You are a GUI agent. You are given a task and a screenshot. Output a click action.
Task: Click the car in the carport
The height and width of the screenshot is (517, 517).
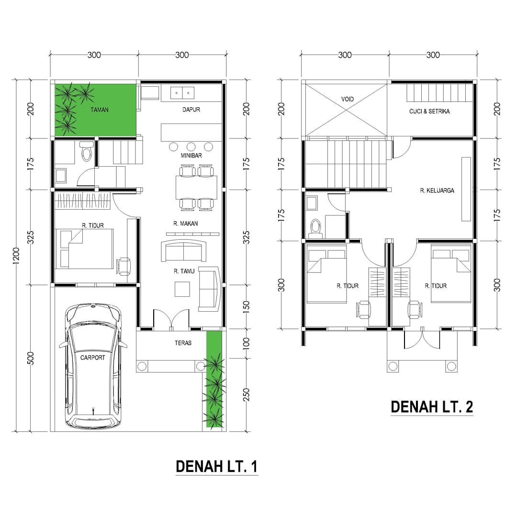pyautogui.click(x=93, y=366)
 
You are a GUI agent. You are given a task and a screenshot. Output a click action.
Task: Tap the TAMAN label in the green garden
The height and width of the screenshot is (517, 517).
pyautogui.click(x=100, y=110)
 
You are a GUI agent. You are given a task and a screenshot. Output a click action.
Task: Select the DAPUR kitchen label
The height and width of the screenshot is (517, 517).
pyautogui.click(x=191, y=110)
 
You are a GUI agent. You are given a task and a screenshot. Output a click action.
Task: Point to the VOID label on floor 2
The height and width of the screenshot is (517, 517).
pyautogui.click(x=348, y=99)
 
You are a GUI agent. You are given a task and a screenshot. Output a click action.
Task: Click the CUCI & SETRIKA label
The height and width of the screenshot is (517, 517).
pyautogui.click(x=429, y=112)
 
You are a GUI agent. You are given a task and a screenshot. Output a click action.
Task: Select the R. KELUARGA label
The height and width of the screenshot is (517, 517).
pyautogui.click(x=437, y=191)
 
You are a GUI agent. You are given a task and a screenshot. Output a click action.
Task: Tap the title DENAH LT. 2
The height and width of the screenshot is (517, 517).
pyautogui.click(x=432, y=407)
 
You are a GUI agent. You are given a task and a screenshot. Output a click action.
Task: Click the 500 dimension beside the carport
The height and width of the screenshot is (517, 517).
pyautogui.click(x=31, y=358)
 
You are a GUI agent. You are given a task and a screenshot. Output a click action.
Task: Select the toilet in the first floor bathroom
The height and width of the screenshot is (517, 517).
pyautogui.click(x=87, y=152)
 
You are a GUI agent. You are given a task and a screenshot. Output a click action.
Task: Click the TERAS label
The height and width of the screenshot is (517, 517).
pyautogui.click(x=183, y=343)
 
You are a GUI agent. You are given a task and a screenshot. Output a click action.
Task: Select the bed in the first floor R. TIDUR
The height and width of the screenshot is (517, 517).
pyautogui.click(x=85, y=248)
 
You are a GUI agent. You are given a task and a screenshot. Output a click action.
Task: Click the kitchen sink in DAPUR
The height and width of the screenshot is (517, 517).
pyautogui.click(x=183, y=92)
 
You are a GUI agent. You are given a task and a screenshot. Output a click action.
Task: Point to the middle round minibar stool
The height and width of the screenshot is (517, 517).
pyautogui.click(x=191, y=146)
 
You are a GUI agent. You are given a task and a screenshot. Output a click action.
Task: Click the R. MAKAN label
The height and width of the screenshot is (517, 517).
pyautogui.click(x=186, y=223)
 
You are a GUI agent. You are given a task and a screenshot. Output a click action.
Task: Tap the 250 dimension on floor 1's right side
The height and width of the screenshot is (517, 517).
pyautogui.click(x=247, y=393)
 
